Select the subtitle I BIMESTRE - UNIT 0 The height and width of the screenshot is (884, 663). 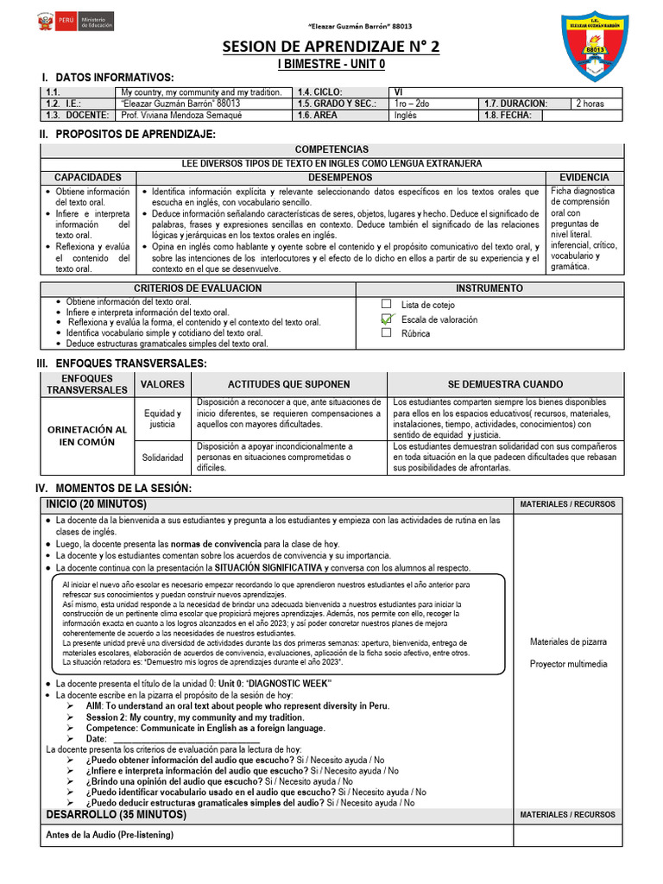coord(331,65)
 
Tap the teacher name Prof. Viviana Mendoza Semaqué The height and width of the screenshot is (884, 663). coord(181,115)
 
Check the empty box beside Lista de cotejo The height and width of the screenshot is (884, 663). coord(386,304)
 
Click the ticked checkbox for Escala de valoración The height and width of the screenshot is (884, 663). coord(386,319)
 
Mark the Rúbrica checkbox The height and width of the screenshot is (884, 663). coord(386,332)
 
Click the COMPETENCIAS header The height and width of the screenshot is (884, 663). coord(331,149)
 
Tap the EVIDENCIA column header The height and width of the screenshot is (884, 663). coord(584,177)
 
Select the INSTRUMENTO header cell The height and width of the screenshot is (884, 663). coord(489,288)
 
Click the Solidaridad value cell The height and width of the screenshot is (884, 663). coord(162,457)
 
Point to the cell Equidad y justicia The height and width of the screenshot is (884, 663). coord(162,419)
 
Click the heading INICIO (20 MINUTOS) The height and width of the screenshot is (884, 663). coord(96,504)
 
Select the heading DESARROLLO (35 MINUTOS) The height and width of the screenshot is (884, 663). coord(116,814)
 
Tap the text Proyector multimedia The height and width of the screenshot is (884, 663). coord(567,664)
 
